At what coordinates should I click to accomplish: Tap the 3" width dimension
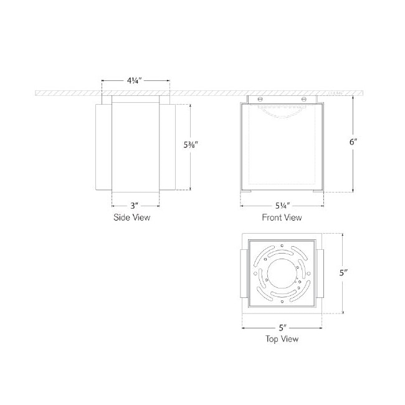coord(135,205)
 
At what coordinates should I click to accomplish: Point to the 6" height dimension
coord(353,142)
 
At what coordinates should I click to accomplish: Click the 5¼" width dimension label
coord(282,205)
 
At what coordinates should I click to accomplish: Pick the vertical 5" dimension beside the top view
coord(343,273)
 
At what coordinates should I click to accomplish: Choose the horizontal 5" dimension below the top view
coord(282,326)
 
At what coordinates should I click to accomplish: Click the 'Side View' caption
coord(131,218)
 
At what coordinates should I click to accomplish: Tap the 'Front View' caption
coord(282,218)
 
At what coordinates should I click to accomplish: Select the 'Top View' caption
coord(282,339)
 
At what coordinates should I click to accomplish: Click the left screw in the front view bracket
coord(261,98)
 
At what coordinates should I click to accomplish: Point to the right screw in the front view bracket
coord(303,98)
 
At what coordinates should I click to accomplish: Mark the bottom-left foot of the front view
coord(246,192)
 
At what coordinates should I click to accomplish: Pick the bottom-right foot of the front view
coord(318,192)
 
